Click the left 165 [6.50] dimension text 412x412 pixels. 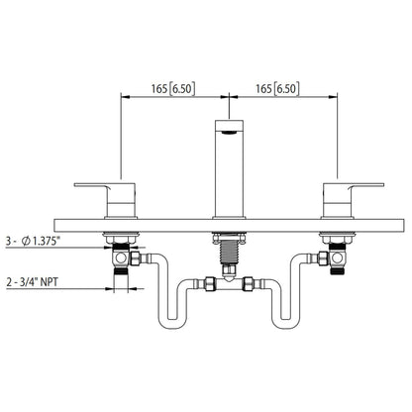(174, 88)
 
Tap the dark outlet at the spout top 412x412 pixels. (230, 127)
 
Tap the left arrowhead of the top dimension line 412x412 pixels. (124, 96)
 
